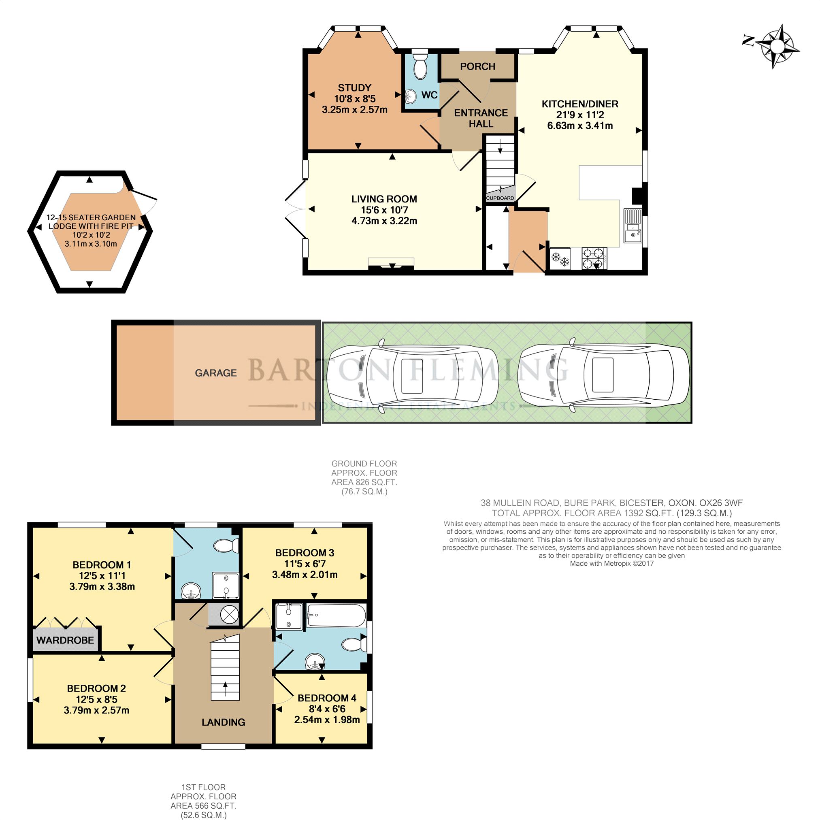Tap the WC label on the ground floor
tap(429, 95)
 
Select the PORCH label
tap(477, 67)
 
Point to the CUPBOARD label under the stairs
tap(500, 198)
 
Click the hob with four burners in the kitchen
tap(594, 258)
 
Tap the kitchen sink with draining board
tap(633, 226)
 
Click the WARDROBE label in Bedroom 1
tap(65, 640)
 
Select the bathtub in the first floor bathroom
tap(336, 615)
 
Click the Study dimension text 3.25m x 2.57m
tap(355, 110)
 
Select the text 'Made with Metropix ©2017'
tap(611, 564)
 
